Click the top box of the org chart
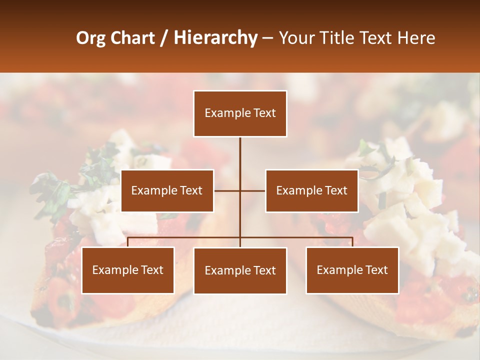pos(240,113)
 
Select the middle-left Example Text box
pos(167,190)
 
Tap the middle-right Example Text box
pos(311,190)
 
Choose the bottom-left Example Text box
pos(128,270)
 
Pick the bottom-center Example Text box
pos(240,270)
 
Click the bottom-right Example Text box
pos(352,270)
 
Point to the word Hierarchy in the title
pos(215,38)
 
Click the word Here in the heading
pos(415,38)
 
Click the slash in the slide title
pos(164,38)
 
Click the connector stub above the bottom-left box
pos(128,242)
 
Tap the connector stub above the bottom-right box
pos(352,242)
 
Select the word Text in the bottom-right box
pos(376,270)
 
